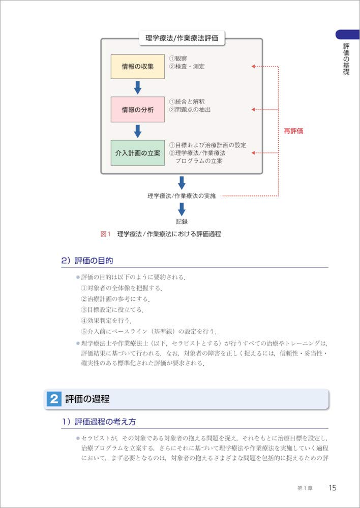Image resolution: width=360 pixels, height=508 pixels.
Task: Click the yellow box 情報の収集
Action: coord(137,66)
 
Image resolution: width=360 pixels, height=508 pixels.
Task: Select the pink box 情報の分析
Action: coord(137,109)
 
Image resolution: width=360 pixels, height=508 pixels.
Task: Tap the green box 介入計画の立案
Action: coord(137,152)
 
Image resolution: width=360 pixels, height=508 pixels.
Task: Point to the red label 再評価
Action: coord(293,131)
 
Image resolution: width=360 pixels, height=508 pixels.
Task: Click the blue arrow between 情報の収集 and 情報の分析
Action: coord(137,87)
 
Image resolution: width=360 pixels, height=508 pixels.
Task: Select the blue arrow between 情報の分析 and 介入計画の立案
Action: coord(137,131)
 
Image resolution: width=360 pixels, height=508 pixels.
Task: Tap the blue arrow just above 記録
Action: coord(182,209)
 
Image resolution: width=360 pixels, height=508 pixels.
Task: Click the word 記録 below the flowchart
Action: coord(182,221)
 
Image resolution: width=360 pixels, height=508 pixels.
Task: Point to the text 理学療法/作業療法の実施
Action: coord(182,196)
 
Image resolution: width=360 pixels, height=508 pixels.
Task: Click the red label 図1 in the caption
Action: coord(106,234)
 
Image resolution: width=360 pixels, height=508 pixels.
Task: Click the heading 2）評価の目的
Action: coord(87,261)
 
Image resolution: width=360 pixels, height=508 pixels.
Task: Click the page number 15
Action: coord(332,488)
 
